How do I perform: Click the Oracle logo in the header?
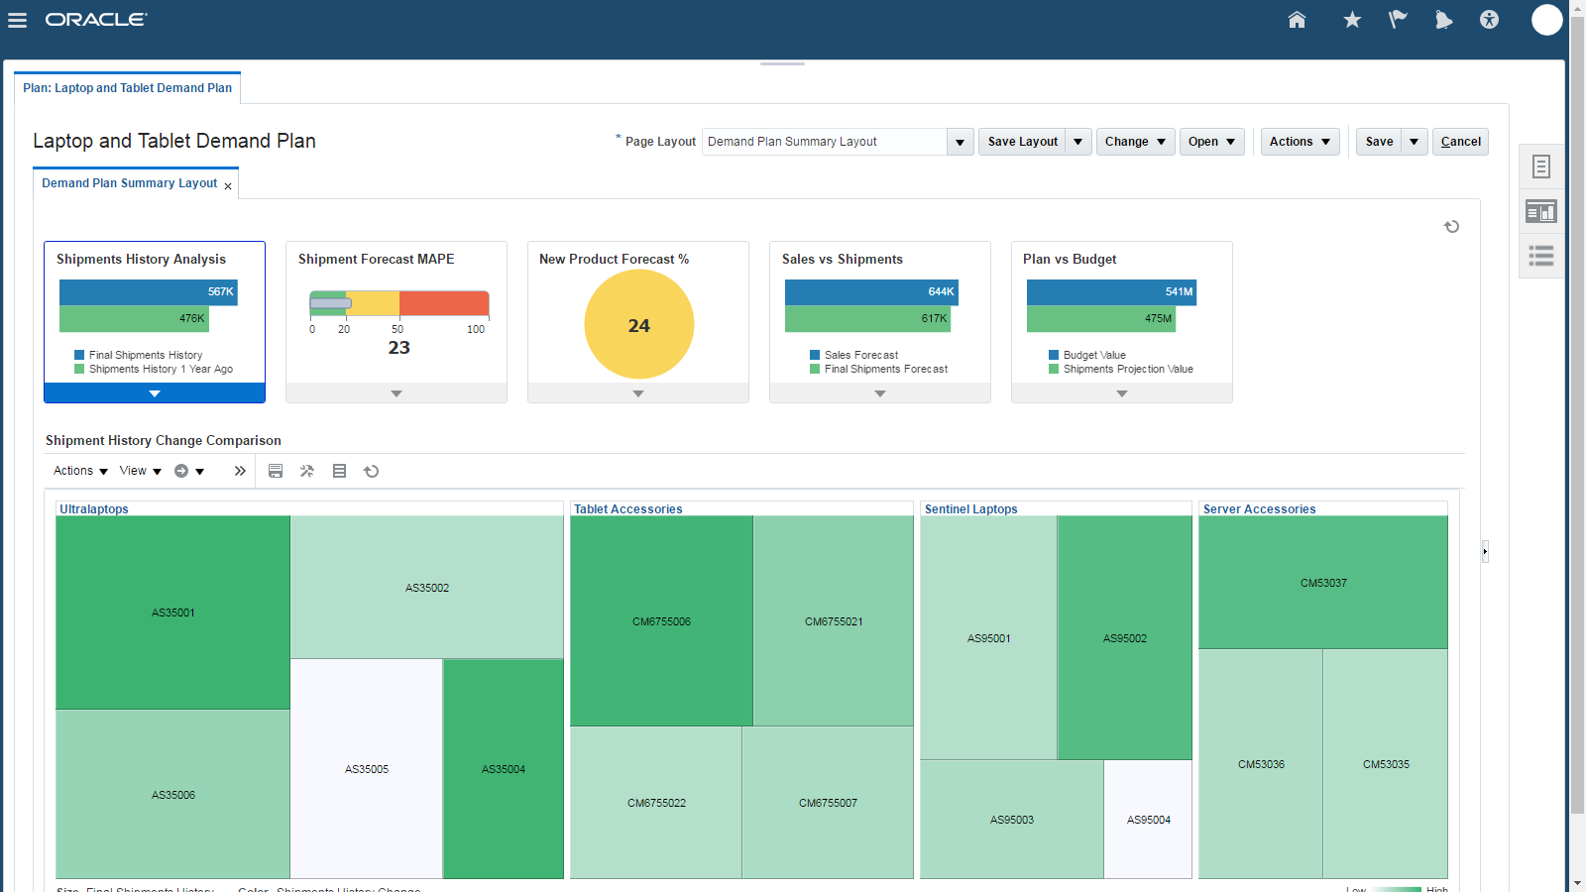pyautogui.click(x=95, y=20)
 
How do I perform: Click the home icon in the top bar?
pyautogui.click(x=1297, y=20)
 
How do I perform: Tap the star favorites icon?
pyautogui.click(x=1352, y=20)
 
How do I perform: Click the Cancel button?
pyautogui.click(x=1460, y=142)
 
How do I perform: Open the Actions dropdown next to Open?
pyautogui.click(x=1300, y=142)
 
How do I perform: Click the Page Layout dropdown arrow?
pyautogui.click(x=960, y=142)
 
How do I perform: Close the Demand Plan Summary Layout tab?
pyautogui.click(x=228, y=186)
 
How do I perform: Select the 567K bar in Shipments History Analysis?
pyautogui.click(x=149, y=292)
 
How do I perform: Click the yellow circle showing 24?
pyautogui.click(x=638, y=324)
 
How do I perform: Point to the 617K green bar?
pyautogui.click(x=867, y=319)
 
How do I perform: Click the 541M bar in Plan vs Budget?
pyautogui.click(x=1111, y=292)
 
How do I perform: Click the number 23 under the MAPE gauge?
pyautogui.click(x=398, y=348)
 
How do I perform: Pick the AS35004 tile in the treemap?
pyautogui.click(x=504, y=769)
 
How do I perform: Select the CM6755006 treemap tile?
pyautogui.click(x=661, y=621)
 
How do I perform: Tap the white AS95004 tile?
pyautogui.click(x=1148, y=820)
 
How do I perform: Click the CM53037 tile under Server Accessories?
pyautogui.click(x=1323, y=583)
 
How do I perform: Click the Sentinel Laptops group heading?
pyautogui.click(x=970, y=509)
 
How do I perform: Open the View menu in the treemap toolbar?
pyautogui.click(x=140, y=471)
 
